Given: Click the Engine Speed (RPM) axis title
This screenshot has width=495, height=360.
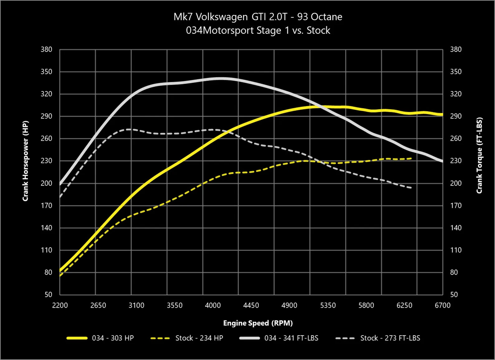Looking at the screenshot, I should (258, 323).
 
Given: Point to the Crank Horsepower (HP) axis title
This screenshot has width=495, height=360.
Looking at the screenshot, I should (26, 161).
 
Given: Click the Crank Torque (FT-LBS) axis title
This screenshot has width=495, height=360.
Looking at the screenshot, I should (479, 156).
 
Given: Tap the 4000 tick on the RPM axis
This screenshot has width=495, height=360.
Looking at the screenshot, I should (213, 305).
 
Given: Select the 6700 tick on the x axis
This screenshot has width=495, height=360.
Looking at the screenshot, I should (442, 305).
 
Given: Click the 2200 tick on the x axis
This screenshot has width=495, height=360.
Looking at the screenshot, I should (60, 305).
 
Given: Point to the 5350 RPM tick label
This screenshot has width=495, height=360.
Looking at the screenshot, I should (328, 305).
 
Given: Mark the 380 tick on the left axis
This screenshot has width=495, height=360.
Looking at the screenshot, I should (46, 50).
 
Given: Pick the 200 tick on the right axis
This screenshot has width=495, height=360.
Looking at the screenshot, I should (456, 183).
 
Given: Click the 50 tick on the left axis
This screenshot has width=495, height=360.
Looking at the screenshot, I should (48, 295).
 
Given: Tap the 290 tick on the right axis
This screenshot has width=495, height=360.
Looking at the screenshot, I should (456, 116).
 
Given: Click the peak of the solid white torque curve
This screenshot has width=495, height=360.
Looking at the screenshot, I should (221, 79).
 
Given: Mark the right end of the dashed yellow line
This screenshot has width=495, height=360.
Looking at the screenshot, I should (412, 159).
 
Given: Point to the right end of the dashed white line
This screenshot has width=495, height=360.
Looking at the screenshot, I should (412, 188).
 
